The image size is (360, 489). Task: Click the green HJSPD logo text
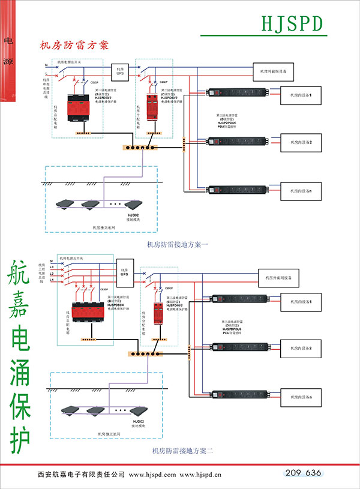(292, 23)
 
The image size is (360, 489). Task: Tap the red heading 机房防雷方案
(73, 45)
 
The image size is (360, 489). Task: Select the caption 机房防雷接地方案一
(177, 244)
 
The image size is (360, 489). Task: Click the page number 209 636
(304, 473)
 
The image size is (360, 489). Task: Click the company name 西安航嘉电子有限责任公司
(80, 475)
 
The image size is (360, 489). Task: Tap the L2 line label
(52, 274)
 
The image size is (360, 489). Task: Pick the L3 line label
(52, 268)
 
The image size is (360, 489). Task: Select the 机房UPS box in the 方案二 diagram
(125, 265)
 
